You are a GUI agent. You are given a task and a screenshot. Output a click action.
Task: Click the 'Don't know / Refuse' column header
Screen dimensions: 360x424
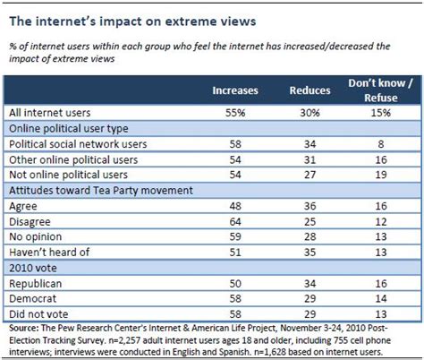(381, 92)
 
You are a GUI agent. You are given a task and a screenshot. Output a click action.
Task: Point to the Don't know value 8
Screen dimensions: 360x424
(381, 145)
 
